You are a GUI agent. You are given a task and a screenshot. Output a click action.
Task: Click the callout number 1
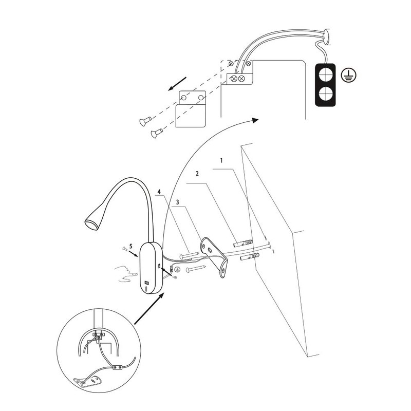point(221,160)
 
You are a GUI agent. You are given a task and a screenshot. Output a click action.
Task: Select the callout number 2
point(197,174)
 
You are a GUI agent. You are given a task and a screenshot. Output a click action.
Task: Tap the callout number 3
point(177,202)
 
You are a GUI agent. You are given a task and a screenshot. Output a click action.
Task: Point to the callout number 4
point(159,192)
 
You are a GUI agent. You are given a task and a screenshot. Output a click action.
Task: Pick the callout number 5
point(131,246)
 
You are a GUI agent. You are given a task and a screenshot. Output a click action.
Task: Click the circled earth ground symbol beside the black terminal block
point(349,75)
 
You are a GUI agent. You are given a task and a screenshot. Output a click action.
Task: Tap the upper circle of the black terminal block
point(325,75)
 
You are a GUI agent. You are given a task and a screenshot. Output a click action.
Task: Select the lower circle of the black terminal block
point(325,94)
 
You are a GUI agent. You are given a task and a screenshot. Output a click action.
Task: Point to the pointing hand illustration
point(126,274)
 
